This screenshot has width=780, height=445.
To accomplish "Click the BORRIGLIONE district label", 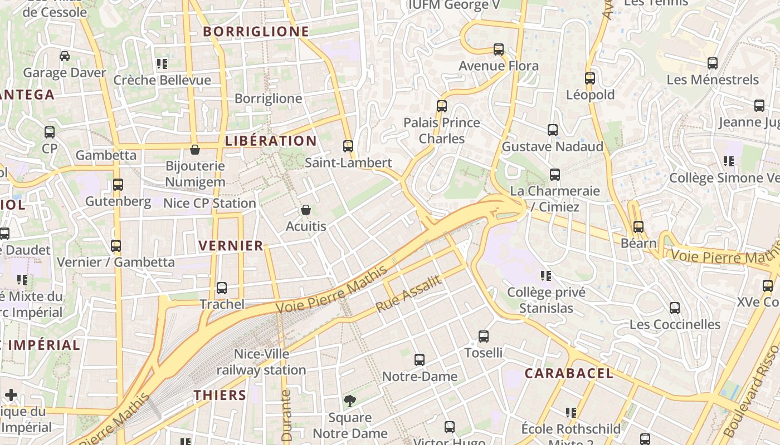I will pyautogui.click(x=256, y=31).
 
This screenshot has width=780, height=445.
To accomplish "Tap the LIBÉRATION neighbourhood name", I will pyautogui.click(x=271, y=141).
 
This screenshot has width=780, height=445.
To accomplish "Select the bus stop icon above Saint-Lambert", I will pyautogui.click(x=348, y=146).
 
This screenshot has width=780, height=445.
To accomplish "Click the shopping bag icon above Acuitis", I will pyautogui.click(x=305, y=210).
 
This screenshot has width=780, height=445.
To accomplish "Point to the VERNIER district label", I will pyautogui.click(x=231, y=245).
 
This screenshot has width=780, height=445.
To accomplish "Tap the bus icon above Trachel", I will pyautogui.click(x=222, y=288).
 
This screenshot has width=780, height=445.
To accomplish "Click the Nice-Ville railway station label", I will pyautogui.click(x=261, y=362).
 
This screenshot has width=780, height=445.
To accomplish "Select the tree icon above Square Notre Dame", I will pyautogui.click(x=350, y=400).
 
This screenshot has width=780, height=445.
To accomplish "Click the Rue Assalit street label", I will pyautogui.click(x=408, y=294).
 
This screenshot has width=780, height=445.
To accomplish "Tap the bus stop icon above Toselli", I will pyautogui.click(x=484, y=337).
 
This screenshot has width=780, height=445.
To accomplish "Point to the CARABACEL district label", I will pyautogui.click(x=569, y=373).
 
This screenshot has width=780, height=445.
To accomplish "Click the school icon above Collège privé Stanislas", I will pyautogui.click(x=546, y=276).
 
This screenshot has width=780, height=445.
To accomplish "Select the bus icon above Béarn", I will pyautogui.click(x=638, y=227).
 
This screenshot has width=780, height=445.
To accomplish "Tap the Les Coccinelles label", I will pyautogui.click(x=675, y=324).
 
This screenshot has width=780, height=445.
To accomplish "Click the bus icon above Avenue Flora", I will pyautogui.click(x=499, y=50).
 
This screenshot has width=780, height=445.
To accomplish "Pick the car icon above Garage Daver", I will pyautogui.click(x=65, y=56).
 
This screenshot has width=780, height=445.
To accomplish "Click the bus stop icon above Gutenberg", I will pyautogui.click(x=118, y=185).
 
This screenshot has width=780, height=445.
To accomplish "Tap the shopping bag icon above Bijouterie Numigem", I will pyautogui.click(x=195, y=150).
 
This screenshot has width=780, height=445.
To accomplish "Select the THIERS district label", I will pyautogui.click(x=220, y=395).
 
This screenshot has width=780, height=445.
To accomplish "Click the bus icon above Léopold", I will pyautogui.click(x=590, y=78).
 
